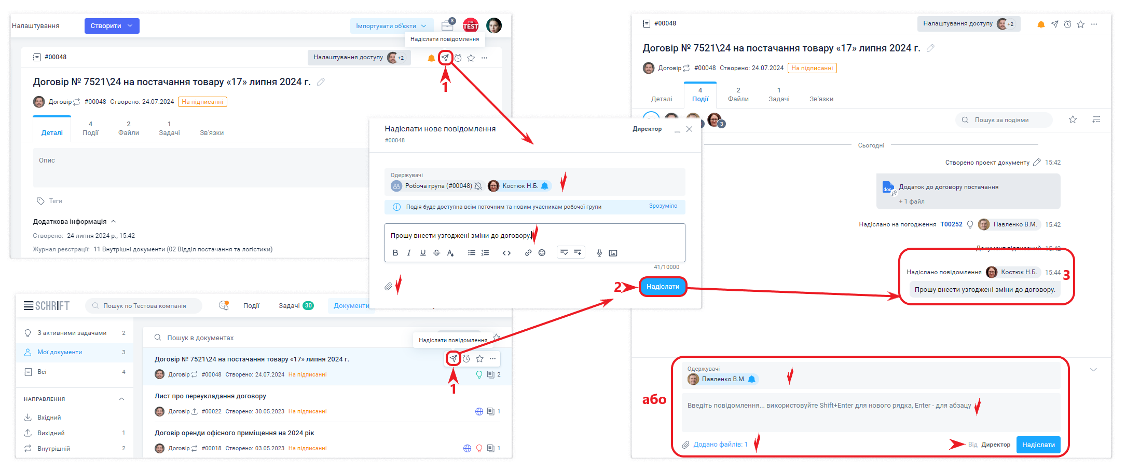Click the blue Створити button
[112, 26]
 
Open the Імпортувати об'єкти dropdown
[391, 26]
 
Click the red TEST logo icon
[471, 25]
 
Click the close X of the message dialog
[689, 129]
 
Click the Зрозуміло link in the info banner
[663, 206]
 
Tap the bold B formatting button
[395, 253]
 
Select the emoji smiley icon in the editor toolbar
[542, 253]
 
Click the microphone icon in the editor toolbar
[599, 253]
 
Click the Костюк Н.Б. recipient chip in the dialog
[519, 186]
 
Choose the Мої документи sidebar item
[60, 352]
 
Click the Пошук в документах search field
[200, 338]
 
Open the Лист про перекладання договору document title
[210, 396]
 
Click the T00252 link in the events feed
[951, 224]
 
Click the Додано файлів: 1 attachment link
[720, 445]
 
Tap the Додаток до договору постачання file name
[949, 187]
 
